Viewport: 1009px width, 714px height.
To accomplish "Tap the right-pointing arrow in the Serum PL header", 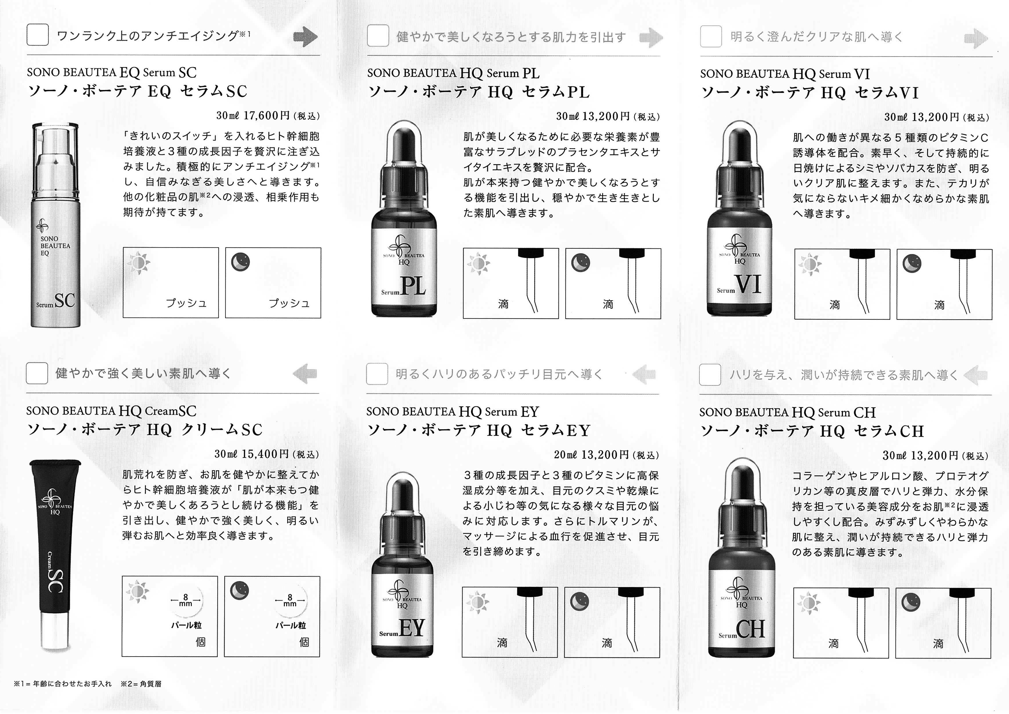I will pos(651,38).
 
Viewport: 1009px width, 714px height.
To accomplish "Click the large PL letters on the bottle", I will pos(413,286).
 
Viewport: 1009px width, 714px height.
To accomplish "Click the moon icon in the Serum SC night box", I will pos(240,262).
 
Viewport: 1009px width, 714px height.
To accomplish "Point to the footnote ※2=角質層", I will pos(141,684).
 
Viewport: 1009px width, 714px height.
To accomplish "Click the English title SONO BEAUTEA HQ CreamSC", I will pos(111,411).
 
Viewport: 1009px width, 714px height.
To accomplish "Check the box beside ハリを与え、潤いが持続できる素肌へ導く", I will pos(710,374).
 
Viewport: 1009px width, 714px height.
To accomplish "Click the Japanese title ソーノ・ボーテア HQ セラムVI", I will pos(810,93).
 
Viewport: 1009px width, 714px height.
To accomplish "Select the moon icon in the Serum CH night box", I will pos(911,602).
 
